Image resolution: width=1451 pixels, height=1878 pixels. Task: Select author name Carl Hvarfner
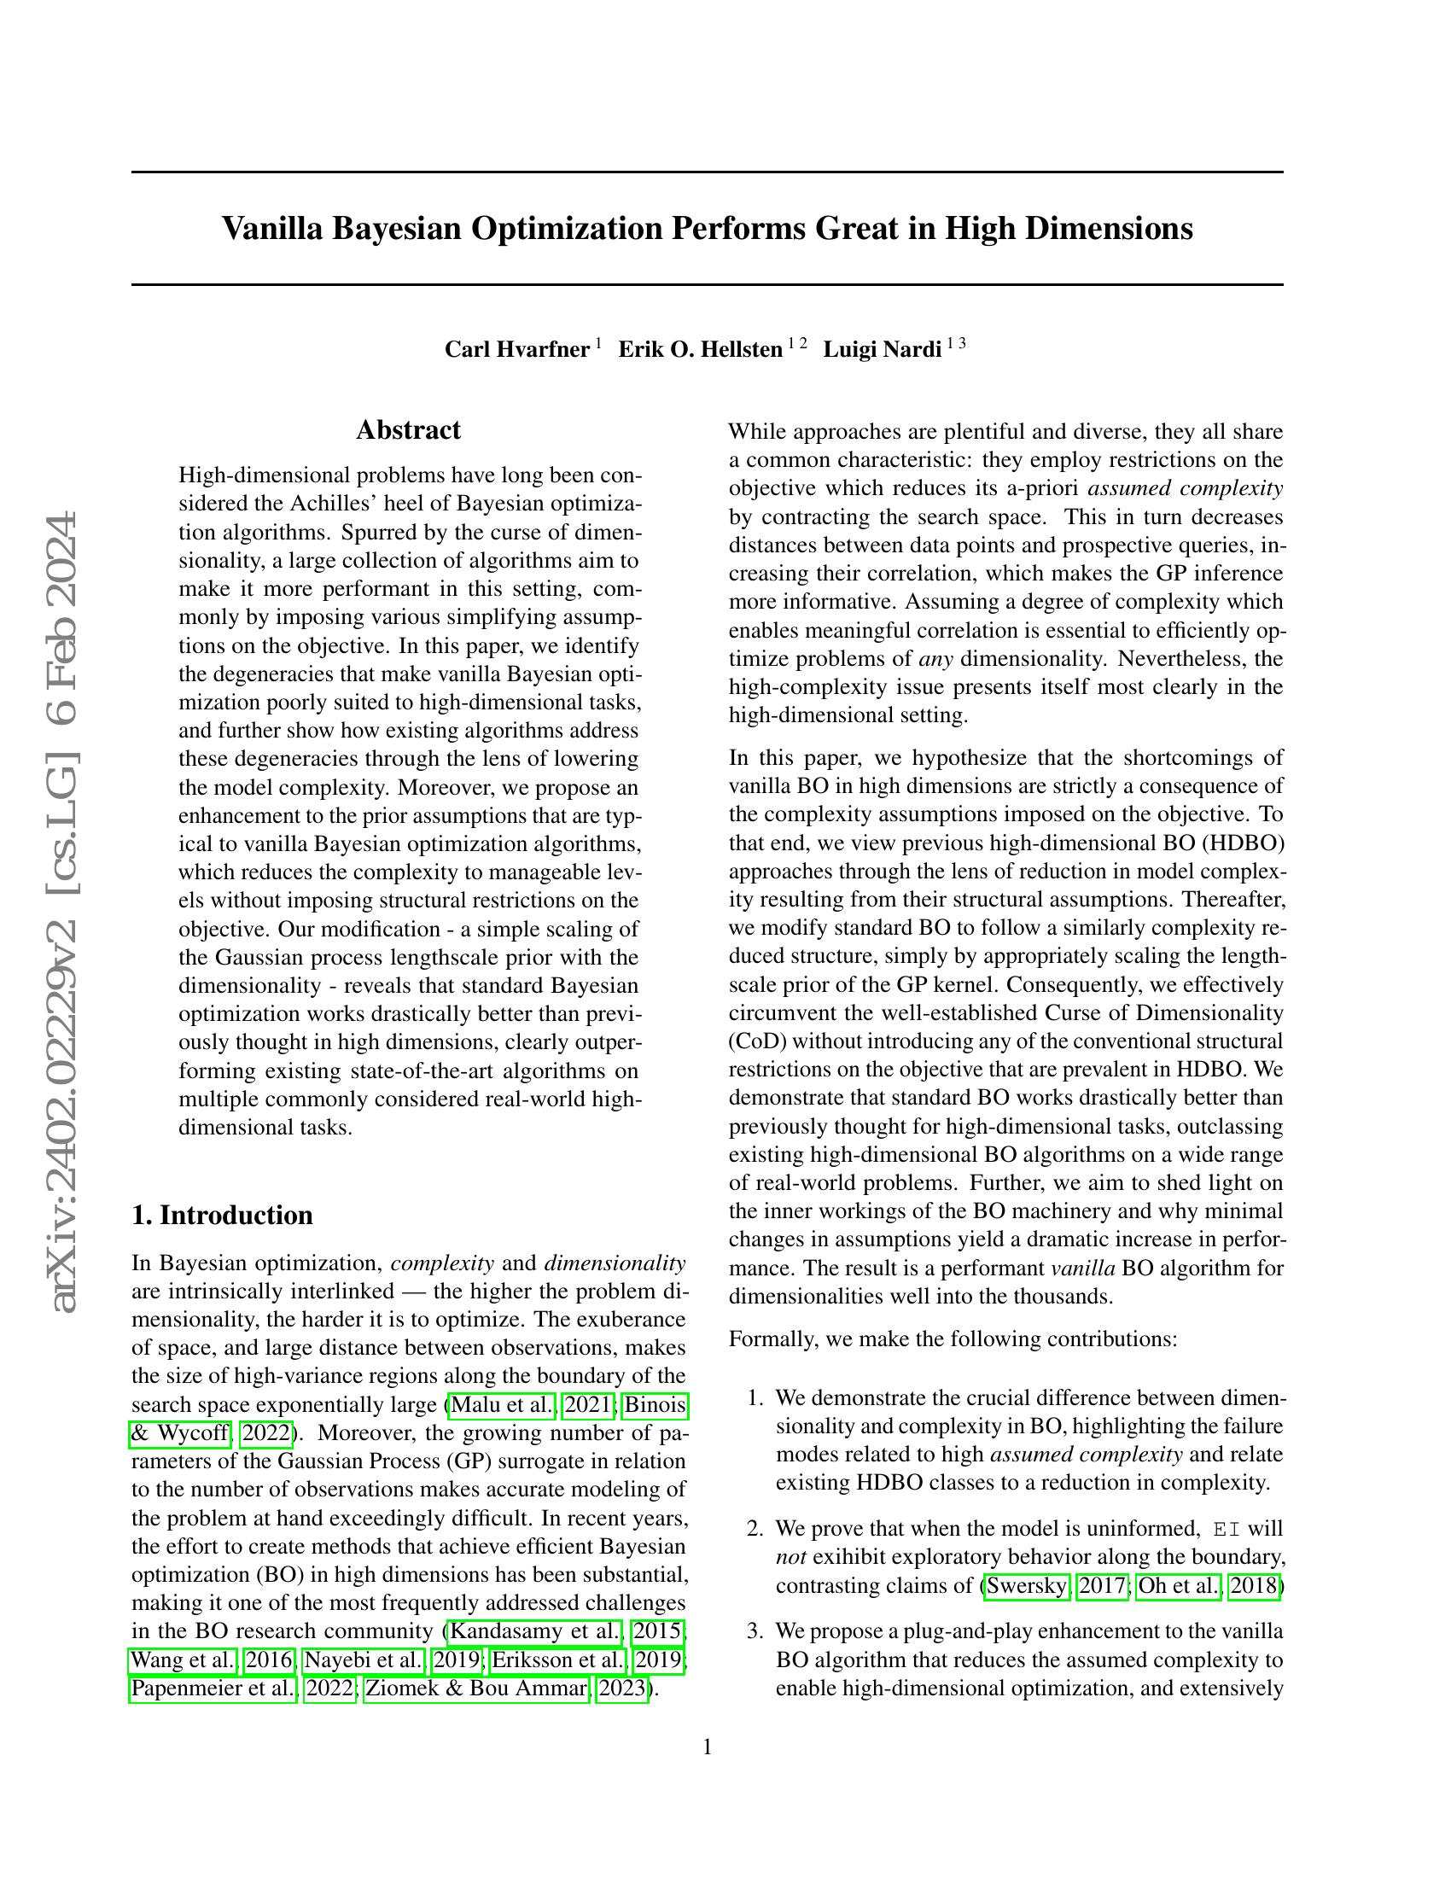(x=516, y=349)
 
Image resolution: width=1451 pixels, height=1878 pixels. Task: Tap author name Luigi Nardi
(x=882, y=349)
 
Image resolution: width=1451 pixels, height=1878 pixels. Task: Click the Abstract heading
(x=408, y=430)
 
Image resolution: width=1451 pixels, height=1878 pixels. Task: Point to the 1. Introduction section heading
(x=222, y=1215)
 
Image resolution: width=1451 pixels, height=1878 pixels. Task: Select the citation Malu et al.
(x=502, y=1405)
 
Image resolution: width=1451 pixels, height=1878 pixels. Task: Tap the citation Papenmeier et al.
(x=213, y=1688)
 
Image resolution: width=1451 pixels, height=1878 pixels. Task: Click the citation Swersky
(x=1026, y=1586)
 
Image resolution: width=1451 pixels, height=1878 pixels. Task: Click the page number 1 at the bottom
(x=708, y=1747)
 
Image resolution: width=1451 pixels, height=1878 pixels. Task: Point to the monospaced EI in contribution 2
(x=1226, y=1530)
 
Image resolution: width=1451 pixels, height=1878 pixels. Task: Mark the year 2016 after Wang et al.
(x=268, y=1659)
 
